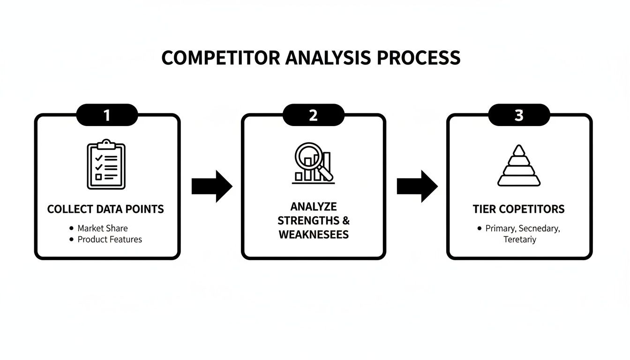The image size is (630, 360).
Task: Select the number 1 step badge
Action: tap(107, 115)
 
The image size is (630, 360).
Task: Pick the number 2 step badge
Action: tap(313, 115)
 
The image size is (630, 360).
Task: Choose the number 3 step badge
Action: tap(519, 115)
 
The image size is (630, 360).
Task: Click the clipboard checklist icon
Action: tap(106, 165)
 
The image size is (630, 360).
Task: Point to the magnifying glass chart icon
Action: tap(313, 163)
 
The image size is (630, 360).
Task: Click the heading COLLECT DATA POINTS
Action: tap(105, 209)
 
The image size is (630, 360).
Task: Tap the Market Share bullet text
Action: tap(102, 228)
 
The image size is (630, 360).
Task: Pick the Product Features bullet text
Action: tap(110, 240)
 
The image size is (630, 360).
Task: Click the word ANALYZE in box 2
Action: tap(313, 207)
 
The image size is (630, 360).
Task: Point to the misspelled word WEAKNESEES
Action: tap(313, 234)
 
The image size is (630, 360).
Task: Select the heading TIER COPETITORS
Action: tap(518, 209)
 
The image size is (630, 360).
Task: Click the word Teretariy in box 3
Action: tap(519, 240)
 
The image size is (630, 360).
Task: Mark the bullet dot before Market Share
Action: tap(71, 228)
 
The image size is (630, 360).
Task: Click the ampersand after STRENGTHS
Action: tap(346, 220)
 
